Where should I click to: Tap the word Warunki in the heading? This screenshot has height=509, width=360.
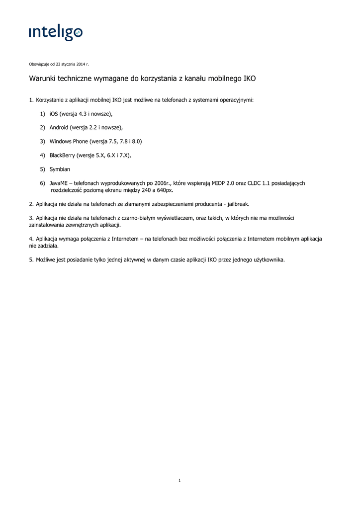42,79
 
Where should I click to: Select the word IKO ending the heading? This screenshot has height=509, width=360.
250,79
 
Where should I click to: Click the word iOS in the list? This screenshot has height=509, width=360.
54,114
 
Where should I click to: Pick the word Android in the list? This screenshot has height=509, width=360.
59,128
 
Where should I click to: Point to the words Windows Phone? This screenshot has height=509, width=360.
69,142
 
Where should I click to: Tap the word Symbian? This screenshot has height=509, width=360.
60,170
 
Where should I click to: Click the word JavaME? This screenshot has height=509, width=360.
59,183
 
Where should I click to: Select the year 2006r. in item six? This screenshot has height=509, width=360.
162,183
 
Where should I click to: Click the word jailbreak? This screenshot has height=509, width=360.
238,204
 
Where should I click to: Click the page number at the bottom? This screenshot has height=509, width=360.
180,480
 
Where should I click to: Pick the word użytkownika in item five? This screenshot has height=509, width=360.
269,259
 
